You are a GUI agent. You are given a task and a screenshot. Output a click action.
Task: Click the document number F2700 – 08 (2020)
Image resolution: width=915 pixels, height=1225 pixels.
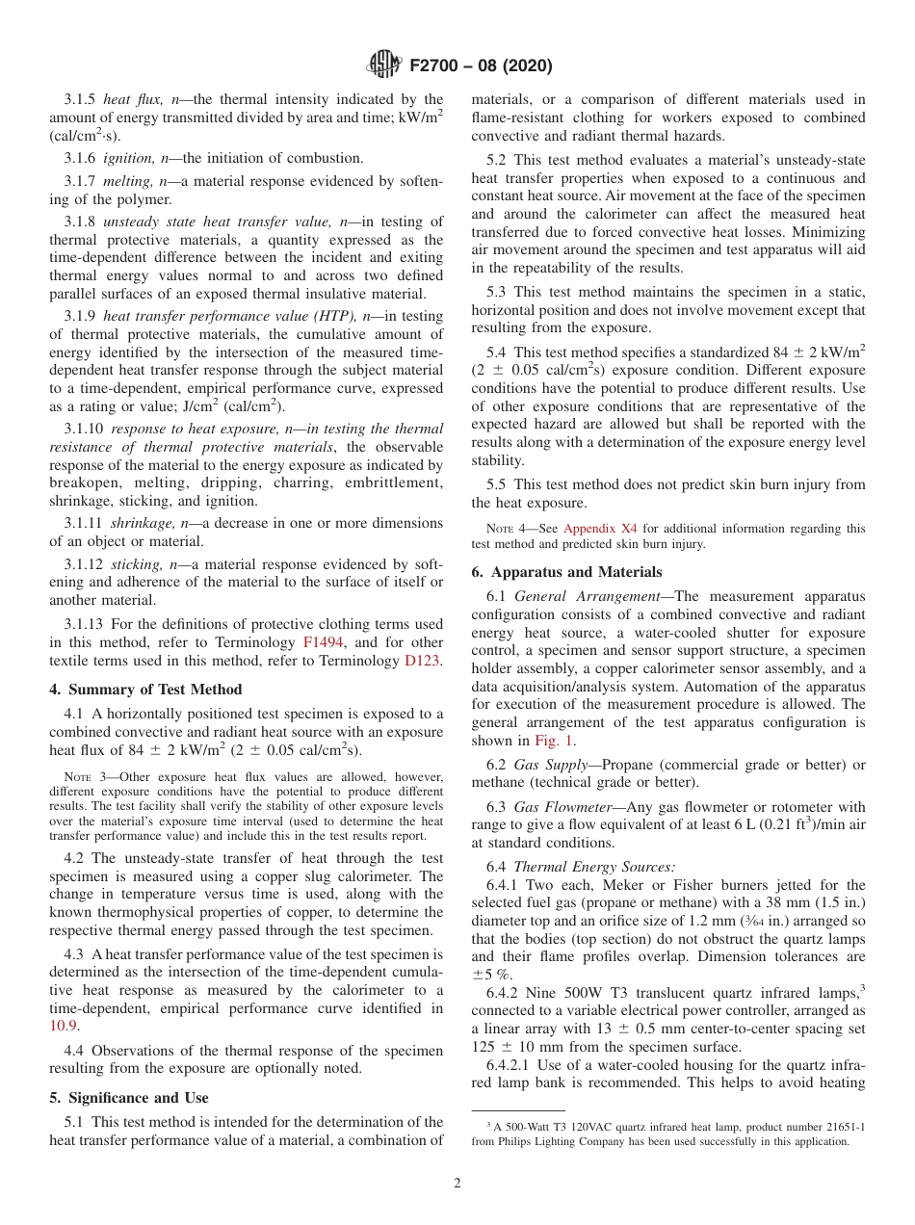point(481,66)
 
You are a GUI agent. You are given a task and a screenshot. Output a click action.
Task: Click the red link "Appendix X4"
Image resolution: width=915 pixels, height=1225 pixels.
point(597,529)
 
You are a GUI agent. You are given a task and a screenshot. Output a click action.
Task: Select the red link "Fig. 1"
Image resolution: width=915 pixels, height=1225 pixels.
point(554,741)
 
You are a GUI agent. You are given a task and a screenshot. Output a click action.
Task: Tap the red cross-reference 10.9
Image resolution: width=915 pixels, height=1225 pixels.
point(64,1027)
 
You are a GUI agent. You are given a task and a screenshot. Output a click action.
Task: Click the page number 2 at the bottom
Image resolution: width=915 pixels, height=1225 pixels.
point(457,1184)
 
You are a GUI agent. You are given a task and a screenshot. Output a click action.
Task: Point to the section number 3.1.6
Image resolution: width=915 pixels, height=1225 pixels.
point(80,158)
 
